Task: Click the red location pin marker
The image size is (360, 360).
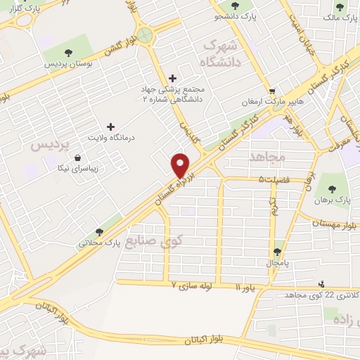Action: (181, 165)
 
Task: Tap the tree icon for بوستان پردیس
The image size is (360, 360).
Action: (68, 52)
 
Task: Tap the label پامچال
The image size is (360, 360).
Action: (279, 263)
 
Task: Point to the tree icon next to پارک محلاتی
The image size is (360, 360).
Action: (99, 232)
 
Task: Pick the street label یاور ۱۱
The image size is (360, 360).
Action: (248, 288)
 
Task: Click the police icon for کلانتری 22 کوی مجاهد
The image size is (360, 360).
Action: (321, 284)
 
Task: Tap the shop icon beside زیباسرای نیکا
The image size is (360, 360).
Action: (76, 158)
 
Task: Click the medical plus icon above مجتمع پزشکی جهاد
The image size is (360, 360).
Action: (173, 77)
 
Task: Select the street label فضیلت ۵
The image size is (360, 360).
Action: (274, 180)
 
